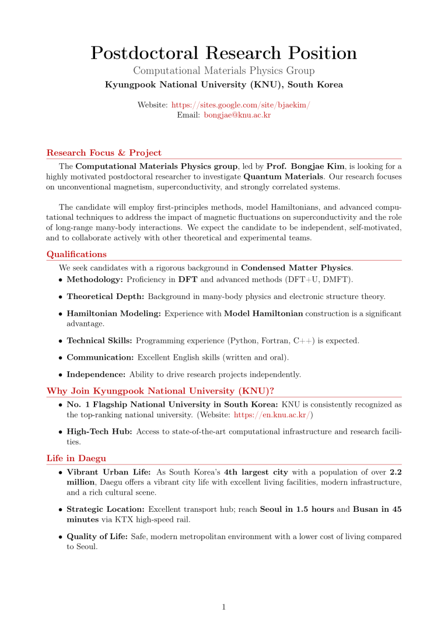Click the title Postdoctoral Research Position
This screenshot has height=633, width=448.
(224, 53)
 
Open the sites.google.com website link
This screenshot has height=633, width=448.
(240, 104)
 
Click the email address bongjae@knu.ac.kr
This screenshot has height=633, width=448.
(233, 115)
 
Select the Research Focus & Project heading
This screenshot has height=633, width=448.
(104, 153)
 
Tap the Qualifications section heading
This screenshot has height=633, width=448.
(76, 254)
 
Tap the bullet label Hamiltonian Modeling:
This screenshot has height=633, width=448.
(114, 314)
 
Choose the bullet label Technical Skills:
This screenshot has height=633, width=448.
(99, 340)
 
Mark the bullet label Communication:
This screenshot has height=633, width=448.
(100, 357)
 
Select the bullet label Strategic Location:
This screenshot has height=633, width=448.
(106, 509)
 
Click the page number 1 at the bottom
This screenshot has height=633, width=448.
(224, 607)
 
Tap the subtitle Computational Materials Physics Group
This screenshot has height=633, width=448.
(224, 71)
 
